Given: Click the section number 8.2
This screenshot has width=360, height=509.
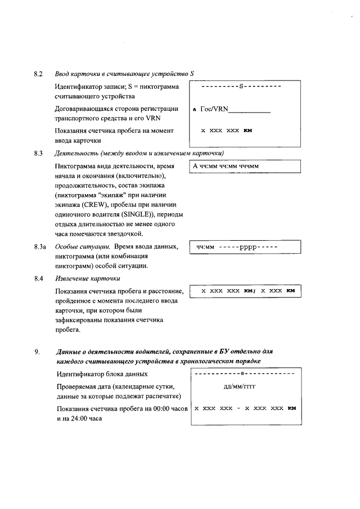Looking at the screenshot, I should click(38, 74).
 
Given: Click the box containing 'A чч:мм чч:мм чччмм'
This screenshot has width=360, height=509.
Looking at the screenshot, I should click(245, 166).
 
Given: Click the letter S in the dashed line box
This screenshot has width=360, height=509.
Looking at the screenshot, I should click(241, 87).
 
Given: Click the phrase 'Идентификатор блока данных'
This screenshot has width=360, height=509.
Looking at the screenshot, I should click(102, 374).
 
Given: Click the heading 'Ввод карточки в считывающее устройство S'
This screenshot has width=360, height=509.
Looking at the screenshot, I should click(124, 74).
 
